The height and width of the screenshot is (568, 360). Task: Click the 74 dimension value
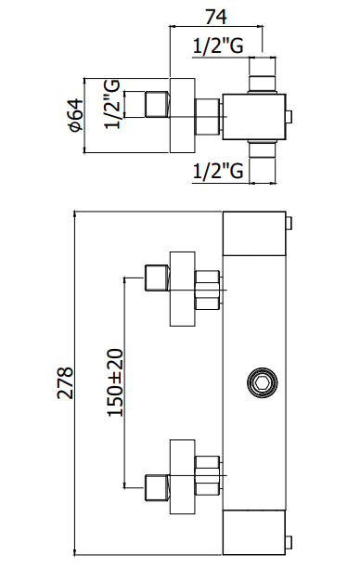click(216, 17)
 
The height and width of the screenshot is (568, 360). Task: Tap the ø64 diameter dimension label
click(76, 115)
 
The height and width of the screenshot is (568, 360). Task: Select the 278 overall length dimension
click(65, 383)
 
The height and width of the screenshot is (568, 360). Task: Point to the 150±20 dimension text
click(115, 382)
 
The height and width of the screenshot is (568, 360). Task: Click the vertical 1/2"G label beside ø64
click(112, 105)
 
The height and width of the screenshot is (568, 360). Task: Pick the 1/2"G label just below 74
click(218, 46)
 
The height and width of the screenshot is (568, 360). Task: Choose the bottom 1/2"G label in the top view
click(218, 171)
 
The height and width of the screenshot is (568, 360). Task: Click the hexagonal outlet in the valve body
click(263, 383)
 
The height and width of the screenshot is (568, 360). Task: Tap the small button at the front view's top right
click(289, 223)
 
